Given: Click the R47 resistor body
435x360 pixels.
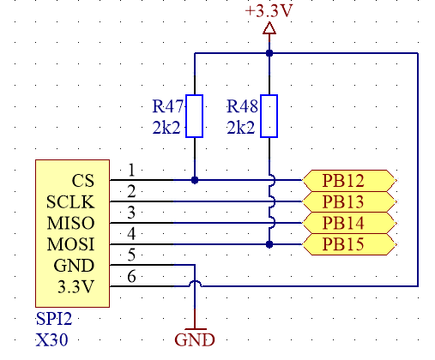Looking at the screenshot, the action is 195,116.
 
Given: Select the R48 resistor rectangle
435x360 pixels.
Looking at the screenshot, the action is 269,116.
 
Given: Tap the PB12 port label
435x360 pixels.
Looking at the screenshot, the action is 349,180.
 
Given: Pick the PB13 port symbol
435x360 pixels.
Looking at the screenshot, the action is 349,201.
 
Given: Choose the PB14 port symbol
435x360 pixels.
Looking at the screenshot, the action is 349,223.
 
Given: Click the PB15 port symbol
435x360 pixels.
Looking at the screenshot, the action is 349,244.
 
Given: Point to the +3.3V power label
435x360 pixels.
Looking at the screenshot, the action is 269,11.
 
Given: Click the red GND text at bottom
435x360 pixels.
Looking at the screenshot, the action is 195,340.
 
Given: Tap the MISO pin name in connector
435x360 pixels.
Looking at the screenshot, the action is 70,223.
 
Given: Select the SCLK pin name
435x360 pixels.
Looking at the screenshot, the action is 70,202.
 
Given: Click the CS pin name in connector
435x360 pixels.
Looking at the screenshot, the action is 83,181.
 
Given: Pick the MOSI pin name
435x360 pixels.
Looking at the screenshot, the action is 70,244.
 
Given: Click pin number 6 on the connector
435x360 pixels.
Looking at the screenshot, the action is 131,276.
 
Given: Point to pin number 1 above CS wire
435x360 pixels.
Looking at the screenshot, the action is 131,170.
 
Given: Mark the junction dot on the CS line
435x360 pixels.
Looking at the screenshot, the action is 195,180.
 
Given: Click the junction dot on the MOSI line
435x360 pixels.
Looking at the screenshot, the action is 269,244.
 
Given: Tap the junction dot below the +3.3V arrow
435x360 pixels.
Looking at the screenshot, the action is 269,53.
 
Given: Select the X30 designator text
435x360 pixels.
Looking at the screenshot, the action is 52,340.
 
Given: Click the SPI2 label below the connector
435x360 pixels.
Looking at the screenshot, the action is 54,319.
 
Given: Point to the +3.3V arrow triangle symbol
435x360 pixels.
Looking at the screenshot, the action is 269,28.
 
